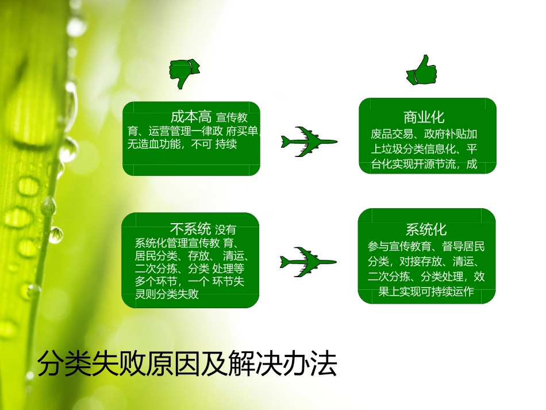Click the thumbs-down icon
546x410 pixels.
pos(184,73)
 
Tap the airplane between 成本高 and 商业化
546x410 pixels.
pos(309,140)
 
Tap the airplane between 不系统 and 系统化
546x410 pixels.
pos(307,262)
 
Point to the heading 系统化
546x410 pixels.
pos(426,229)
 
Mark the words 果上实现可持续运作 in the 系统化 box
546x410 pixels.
pos(426,292)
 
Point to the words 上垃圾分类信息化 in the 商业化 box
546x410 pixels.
pos(409,150)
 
